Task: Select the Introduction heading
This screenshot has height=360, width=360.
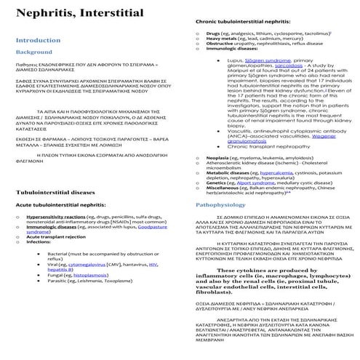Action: [x=39, y=40]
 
